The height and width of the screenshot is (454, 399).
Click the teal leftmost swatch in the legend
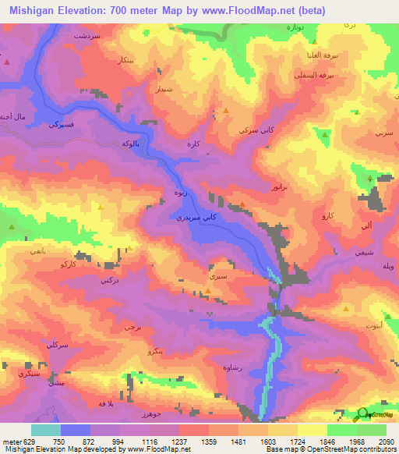[x=45, y=431]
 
